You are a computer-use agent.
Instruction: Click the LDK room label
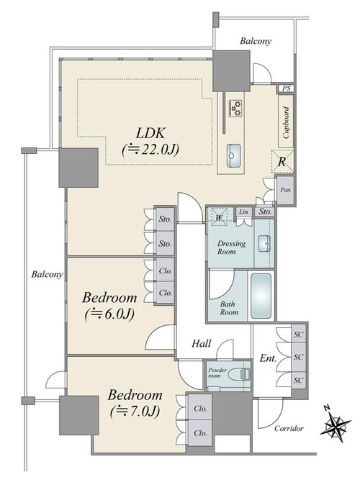point(150,133)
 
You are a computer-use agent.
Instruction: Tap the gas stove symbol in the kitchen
point(235,108)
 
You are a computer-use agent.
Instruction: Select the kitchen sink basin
point(234,155)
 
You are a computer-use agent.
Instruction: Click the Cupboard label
point(286,122)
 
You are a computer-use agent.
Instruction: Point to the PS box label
point(286,88)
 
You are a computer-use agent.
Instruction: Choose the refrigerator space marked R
point(282,162)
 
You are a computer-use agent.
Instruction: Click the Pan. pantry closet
point(285,190)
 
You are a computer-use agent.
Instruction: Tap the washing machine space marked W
point(219,217)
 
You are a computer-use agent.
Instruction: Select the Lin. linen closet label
point(244,212)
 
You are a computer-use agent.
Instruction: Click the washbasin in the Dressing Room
point(264,243)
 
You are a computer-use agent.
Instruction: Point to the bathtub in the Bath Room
point(261,296)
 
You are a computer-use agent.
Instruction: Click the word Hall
point(201,343)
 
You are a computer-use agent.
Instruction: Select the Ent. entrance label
point(268,358)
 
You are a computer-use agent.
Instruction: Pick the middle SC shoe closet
point(299,357)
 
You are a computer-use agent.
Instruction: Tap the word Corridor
point(289,428)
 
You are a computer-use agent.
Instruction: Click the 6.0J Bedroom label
point(109,305)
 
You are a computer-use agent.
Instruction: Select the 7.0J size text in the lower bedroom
point(135,412)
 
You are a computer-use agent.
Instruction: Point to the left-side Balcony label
point(47,274)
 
